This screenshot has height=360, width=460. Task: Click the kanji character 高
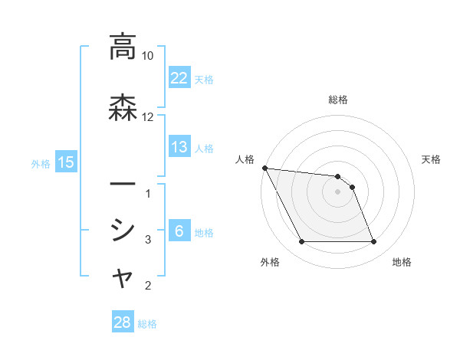[x=123, y=47]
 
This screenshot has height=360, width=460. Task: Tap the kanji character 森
[x=123, y=107]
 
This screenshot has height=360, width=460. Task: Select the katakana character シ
[x=123, y=229]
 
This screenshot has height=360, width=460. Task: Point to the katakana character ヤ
[x=123, y=279]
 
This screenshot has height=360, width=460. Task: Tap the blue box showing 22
[x=179, y=77]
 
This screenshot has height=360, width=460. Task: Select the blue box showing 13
[x=179, y=147]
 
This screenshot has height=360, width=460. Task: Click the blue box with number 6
[x=179, y=232]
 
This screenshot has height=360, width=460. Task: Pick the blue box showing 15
[x=66, y=162]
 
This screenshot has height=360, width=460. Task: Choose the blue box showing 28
[x=123, y=322]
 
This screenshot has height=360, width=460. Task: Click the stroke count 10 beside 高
[x=148, y=56]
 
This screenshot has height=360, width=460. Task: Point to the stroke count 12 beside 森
[x=148, y=117]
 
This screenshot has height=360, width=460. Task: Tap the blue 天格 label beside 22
[x=204, y=79]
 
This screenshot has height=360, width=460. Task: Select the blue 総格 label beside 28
[x=147, y=324]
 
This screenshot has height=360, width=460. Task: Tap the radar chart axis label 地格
[x=402, y=262]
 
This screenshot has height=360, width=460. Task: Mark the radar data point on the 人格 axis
[x=264, y=168]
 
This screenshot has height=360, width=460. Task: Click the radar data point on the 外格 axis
[x=301, y=242]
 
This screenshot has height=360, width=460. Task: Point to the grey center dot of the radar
[x=338, y=192]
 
